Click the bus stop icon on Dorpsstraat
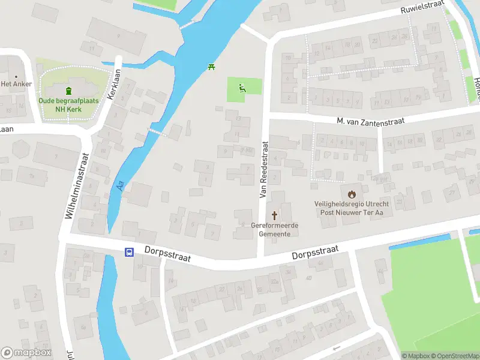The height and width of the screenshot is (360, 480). (129, 253)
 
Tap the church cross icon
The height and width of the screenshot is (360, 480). (275, 215)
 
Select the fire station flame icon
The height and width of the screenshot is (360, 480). (352, 194)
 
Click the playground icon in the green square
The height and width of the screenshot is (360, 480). (242, 89)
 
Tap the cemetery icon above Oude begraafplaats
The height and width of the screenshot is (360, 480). (68, 91)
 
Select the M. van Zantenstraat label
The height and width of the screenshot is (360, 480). (370, 121)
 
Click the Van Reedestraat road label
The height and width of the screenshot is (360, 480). (263, 170)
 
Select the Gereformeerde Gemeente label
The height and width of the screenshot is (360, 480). (275, 229)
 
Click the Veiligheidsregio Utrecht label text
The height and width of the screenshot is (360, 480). (352, 204)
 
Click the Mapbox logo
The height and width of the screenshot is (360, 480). (26, 353)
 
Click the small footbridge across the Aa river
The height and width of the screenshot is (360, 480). (157, 132)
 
